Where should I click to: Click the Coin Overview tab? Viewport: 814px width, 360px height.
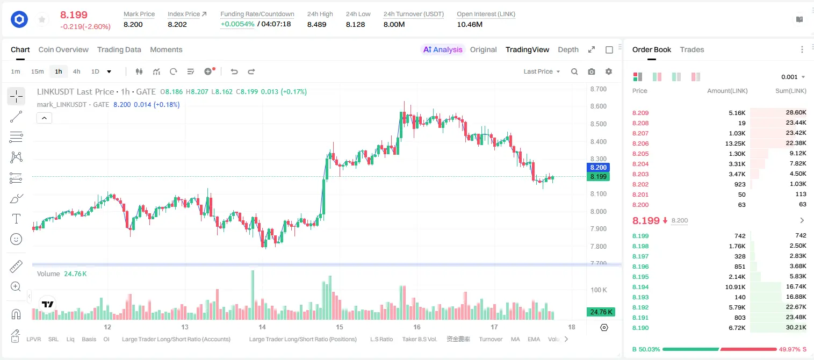coord(63,49)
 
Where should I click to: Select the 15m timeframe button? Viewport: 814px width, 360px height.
coord(38,71)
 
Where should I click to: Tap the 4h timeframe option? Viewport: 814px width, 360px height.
coord(76,71)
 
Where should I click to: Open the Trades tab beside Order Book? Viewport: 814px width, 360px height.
coord(692,49)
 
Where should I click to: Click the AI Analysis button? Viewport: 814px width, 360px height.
coord(443,49)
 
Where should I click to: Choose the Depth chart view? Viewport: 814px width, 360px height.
coord(568,49)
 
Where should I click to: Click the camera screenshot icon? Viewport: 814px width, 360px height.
coord(592,71)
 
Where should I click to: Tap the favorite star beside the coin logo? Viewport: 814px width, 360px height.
coord(42,20)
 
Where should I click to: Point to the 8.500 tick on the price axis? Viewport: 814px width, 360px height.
coord(599,124)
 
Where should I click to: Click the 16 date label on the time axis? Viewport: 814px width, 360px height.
coord(417,327)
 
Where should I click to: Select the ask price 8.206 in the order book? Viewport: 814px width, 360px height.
coord(640,143)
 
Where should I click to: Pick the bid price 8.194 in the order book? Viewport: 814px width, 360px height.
coord(640,287)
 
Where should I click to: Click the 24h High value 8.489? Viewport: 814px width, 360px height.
coord(316,24)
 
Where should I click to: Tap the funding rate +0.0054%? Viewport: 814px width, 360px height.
coord(237,24)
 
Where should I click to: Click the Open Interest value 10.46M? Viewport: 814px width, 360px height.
coord(470,24)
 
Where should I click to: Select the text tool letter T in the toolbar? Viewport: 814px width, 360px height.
coord(16,219)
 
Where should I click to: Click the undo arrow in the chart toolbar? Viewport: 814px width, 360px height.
coord(234,71)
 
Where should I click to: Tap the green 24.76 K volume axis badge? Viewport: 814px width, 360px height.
coord(601,312)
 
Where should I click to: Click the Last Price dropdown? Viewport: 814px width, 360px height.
coord(542,71)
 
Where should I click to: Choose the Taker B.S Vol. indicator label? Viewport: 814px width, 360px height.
coord(419,339)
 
